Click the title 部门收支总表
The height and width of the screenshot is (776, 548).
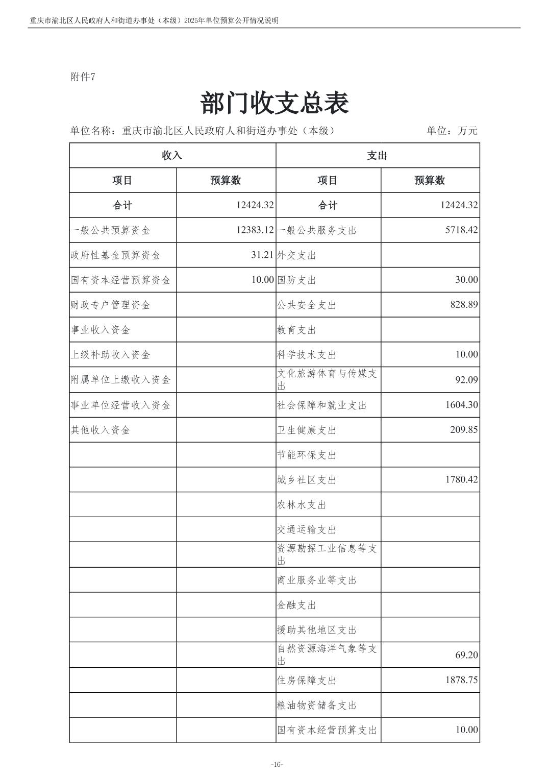pyautogui.click(x=275, y=104)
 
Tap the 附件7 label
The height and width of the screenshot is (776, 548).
pyautogui.click(x=83, y=77)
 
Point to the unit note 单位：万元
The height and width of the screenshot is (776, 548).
pyautogui.click(x=452, y=131)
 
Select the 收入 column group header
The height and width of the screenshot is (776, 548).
pyautogui.click(x=172, y=156)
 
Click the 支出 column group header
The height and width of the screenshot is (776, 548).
pyautogui.click(x=377, y=156)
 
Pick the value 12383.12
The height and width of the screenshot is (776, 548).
pyautogui.click(x=255, y=230)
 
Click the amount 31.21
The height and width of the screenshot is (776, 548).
pyautogui.click(x=262, y=255)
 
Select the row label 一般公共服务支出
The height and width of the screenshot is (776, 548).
pyautogui.click(x=317, y=230)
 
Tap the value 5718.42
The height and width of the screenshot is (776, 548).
pyautogui.click(x=461, y=230)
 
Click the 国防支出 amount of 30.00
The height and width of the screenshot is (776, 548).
pyautogui.click(x=466, y=280)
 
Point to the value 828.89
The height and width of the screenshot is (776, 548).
pyautogui.click(x=464, y=305)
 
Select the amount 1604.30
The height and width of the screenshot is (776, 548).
pyautogui.click(x=461, y=405)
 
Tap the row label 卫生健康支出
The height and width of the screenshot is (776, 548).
pyautogui.click(x=307, y=430)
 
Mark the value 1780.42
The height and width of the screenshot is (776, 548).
pyautogui.click(x=461, y=479)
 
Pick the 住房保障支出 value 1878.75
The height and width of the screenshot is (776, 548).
pyautogui.click(x=461, y=680)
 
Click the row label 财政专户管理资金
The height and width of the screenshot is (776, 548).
pyautogui.click(x=111, y=305)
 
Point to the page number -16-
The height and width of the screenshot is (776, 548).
pyautogui.click(x=277, y=764)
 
